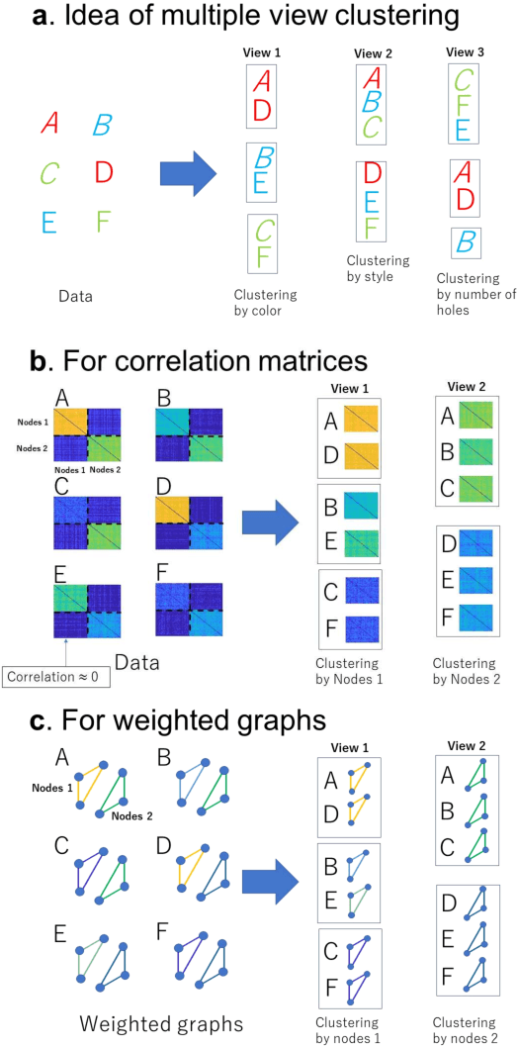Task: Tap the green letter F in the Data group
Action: pyautogui.click(x=104, y=221)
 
